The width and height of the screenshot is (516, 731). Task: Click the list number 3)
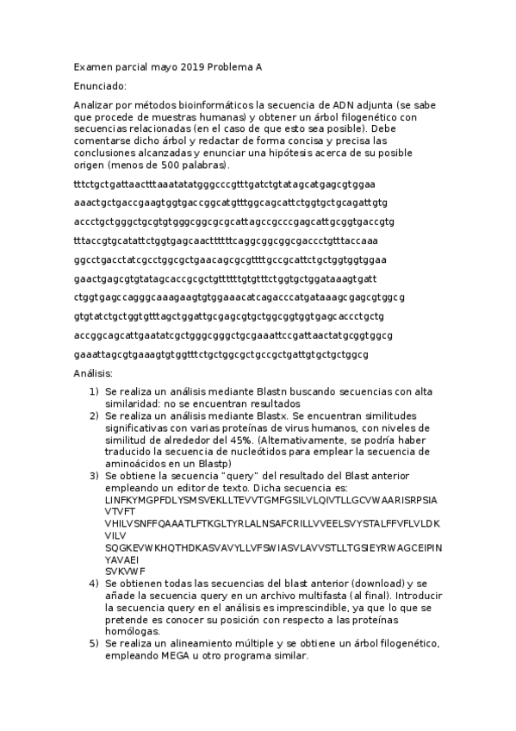(94, 476)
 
